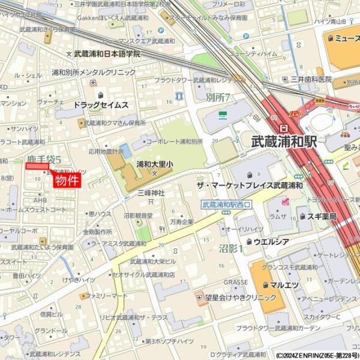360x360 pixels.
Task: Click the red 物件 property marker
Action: [x=67, y=180]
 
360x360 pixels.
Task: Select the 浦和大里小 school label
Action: [x=155, y=163]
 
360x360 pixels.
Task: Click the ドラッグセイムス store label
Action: [x=101, y=104]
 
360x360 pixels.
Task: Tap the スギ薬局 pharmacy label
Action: [x=321, y=216]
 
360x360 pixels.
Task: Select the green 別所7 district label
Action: [x=218, y=97]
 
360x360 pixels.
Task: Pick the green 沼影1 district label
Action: [x=231, y=248]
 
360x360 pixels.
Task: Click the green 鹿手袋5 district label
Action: [x=44, y=160]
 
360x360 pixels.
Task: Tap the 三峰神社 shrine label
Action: [x=151, y=193]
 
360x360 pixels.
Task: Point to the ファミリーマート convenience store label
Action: [x=107, y=296]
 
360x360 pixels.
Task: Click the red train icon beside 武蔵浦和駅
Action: [x=283, y=128]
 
